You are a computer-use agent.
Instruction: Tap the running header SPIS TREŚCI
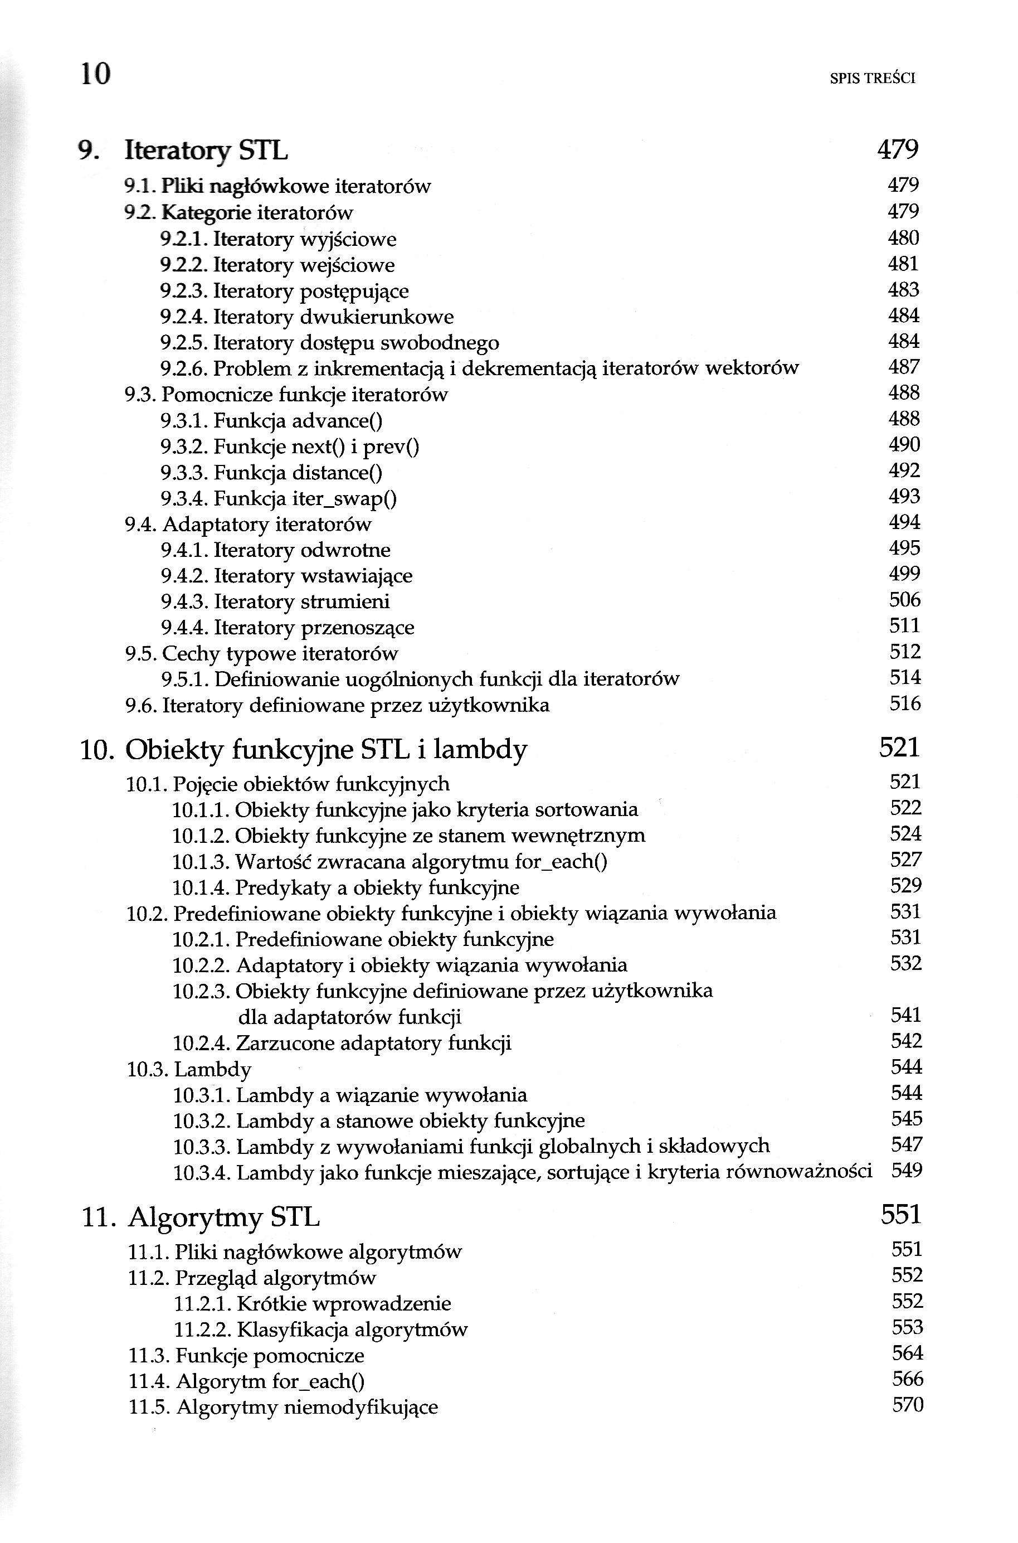(x=873, y=79)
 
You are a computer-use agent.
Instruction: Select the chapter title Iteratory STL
(x=206, y=151)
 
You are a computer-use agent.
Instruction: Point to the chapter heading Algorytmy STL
(x=223, y=1216)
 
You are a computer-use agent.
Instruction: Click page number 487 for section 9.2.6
(x=904, y=367)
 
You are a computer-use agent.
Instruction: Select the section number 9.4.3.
(x=184, y=602)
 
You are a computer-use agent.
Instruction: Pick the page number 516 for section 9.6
(x=905, y=703)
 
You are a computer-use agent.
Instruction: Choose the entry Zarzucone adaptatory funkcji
(x=373, y=1043)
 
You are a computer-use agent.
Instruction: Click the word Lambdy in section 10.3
(x=213, y=1070)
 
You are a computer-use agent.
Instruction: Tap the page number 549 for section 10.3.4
(x=907, y=1170)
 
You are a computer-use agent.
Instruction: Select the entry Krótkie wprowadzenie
(x=344, y=1303)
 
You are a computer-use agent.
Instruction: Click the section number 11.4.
(x=149, y=1382)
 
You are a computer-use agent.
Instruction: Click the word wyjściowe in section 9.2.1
(x=348, y=239)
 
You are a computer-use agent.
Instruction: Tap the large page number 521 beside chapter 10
(x=899, y=748)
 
